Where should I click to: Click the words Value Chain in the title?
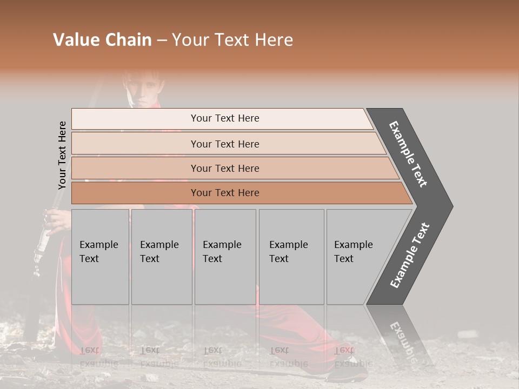click(x=102, y=40)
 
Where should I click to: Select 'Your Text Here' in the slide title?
click(x=232, y=40)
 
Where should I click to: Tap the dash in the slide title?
click(x=162, y=41)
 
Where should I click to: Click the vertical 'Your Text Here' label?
click(x=62, y=155)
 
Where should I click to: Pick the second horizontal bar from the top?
click(x=224, y=144)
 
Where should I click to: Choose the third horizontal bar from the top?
click(x=224, y=168)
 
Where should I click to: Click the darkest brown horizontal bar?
click(x=224, y=193)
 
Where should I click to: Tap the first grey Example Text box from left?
click(x=100, y=257)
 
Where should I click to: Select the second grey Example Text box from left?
click(x=161, y=257)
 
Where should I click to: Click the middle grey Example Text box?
click(x=225, y=257)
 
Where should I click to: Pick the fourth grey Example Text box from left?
click(x=291, y=257)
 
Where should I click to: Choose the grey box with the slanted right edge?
click(x=357, y=257)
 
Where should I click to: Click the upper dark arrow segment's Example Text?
click(x=409, y=155)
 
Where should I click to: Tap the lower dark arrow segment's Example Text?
click(x=410, y=255)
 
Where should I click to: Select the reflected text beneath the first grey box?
click(x=98, y=357)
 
